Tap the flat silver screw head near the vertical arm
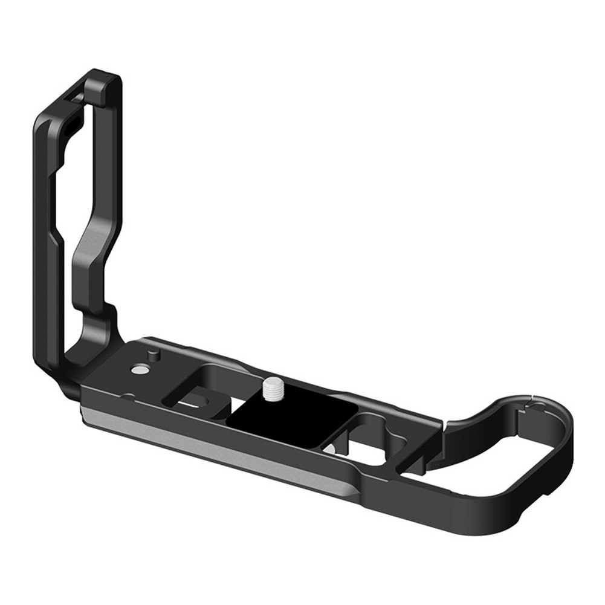tap(141, 367)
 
